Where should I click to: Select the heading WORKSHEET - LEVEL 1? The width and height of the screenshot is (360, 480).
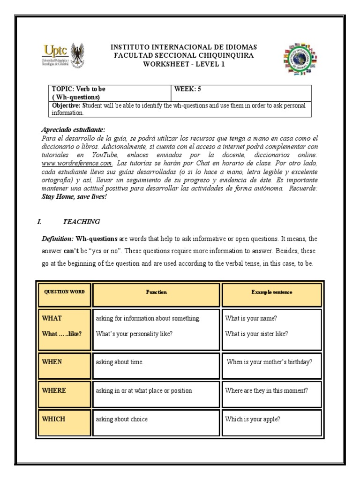pos(184,64)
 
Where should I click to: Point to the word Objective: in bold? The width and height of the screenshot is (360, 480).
pos(66,105)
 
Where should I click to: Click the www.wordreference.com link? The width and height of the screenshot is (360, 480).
pos(77,163)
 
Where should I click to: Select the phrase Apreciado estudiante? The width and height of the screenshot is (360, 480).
pos(73,129)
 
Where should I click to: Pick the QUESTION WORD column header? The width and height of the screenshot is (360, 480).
pos(64,292)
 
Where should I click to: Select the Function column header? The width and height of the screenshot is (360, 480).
pos(156,292)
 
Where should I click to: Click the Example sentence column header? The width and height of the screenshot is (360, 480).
pos(271,292)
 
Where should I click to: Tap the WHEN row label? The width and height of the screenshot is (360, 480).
pos(52,362)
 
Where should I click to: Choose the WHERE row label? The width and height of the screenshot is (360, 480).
pos(54,390)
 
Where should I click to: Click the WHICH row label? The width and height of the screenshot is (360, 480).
pos(53,419)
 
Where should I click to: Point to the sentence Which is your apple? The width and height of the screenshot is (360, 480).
pos(253,419)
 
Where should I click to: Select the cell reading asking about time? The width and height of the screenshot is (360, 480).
pos(120,362)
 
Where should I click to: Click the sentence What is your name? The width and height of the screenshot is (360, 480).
pos(251,318)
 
